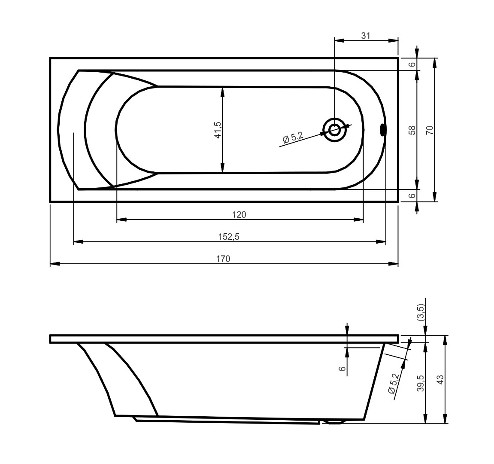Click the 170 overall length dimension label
pyautogui.click(x=223, y=259)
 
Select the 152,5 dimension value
pyautogui.click(x=229, y=237)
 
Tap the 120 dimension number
pyautogui.click(x=239, y=215)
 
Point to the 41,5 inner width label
pyautogui.click(x=218, y=130)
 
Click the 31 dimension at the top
pyautogui.click(x=366, y=36)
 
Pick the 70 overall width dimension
pyautogui.click(x=430, y=130)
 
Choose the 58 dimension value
pyautogui.click(x=412, y=130)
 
